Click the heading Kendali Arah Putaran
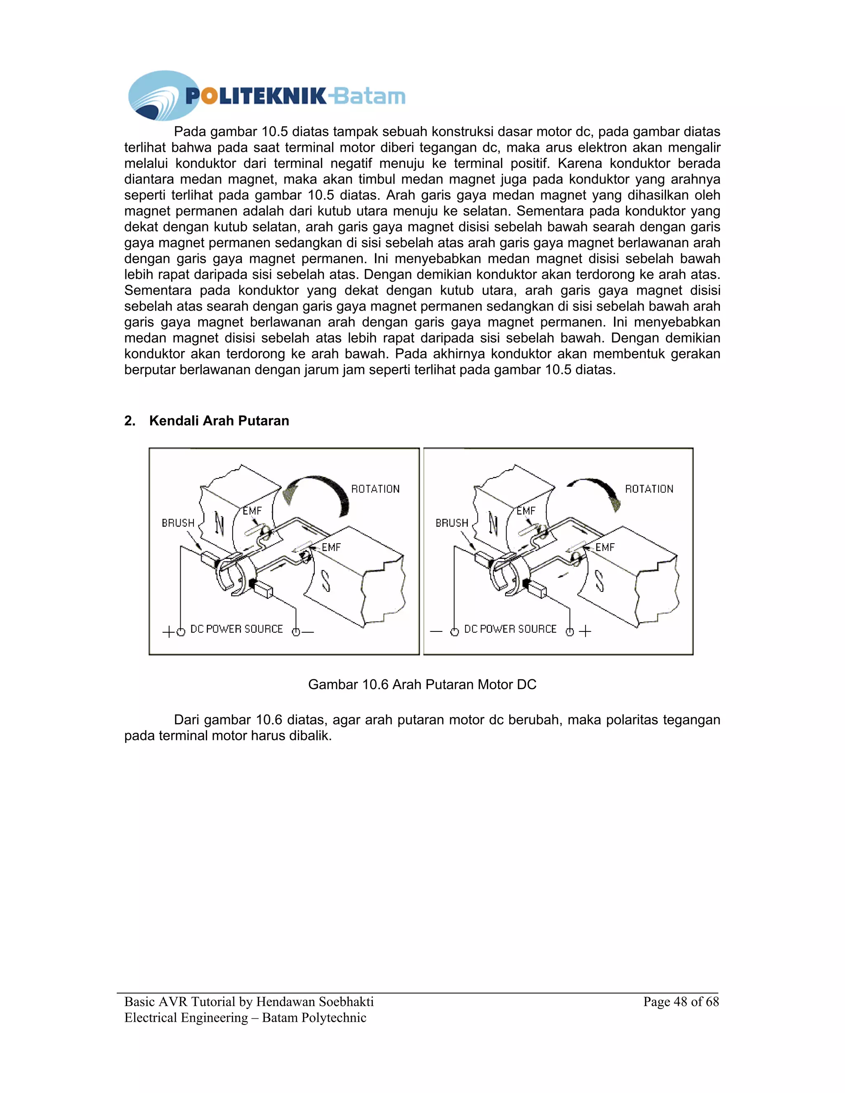click(x=219, y=421)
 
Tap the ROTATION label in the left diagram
click(x=375, y=489)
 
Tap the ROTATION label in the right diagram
click(x=649, y=489)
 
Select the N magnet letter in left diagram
click(x=219, y=523)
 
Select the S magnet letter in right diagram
click(x=599, y=581)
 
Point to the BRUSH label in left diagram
click(x=178, y=523)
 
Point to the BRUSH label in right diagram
click(x=451, y=523)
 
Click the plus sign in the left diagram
click(x=168, y=631)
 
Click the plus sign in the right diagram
click(x=585, y=631)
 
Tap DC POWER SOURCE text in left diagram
click(x=236, y=629)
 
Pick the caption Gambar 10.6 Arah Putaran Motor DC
click(x=422, y=685)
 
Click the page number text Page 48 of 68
click(x=681, y=1001)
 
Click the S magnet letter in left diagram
click(x=326, y=581)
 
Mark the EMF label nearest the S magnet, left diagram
click(x=331, y=547)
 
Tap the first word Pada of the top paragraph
click(x=190, y=132)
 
